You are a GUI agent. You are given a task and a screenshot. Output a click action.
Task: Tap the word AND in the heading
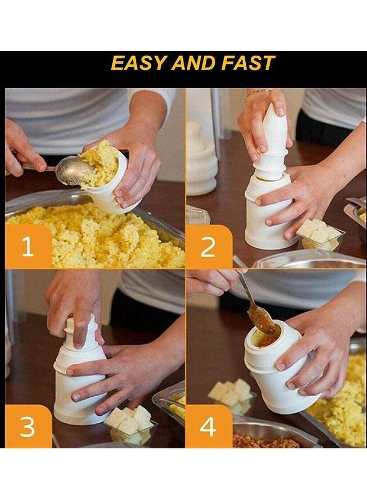pos(194,63)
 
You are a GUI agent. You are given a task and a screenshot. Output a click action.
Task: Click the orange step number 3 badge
pos(27,427)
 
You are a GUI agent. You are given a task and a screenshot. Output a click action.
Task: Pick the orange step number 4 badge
pos(208,427)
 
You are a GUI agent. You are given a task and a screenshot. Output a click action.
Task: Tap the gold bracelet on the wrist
pos(258,92)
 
